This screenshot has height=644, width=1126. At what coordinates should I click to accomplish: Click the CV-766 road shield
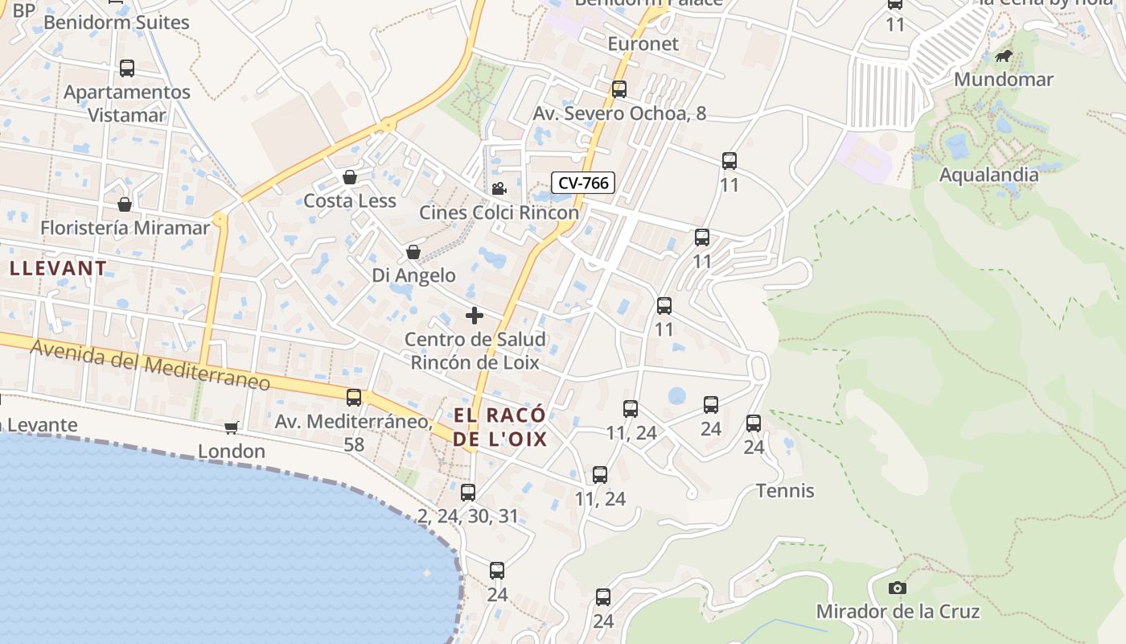tap(584, 184)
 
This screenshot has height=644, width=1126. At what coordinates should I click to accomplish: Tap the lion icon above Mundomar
tap(1003, 56)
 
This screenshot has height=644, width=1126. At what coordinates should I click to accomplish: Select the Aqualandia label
tap(988, 175)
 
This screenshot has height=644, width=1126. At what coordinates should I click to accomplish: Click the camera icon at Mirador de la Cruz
tap(898, 588)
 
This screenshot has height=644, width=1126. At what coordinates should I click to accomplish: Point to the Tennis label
tap(785, 490)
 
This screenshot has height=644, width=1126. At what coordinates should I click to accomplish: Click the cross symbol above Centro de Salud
tap(475, 316)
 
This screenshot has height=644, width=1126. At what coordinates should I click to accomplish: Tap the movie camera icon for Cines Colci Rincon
tap(499, 188)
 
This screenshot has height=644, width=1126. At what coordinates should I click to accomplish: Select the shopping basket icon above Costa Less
tap(349, 177)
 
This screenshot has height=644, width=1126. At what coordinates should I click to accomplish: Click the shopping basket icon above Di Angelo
tap(413, 252)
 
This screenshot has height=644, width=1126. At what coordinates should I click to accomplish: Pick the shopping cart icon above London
tap(232, 427)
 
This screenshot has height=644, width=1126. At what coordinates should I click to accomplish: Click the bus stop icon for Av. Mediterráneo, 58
tap(354, 397)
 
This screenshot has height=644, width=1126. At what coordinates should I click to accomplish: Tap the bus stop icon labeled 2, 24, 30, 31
tap(468, 492)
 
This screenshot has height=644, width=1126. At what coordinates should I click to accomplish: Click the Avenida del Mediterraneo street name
tap(150, 364)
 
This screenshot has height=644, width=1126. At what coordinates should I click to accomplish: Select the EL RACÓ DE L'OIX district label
tap(499, 427)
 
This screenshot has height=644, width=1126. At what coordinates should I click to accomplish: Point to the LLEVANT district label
tap(58, 268)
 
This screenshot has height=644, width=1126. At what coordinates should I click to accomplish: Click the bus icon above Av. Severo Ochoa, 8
tap(619, 89)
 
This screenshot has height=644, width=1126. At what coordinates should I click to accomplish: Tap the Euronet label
tap(643, 43)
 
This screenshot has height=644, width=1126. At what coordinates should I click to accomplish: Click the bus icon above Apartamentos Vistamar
tap(127, 68)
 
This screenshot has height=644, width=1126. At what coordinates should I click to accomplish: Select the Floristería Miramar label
tap(125, 228)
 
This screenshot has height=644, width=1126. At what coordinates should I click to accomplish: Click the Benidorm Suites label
tap(117, 22)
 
